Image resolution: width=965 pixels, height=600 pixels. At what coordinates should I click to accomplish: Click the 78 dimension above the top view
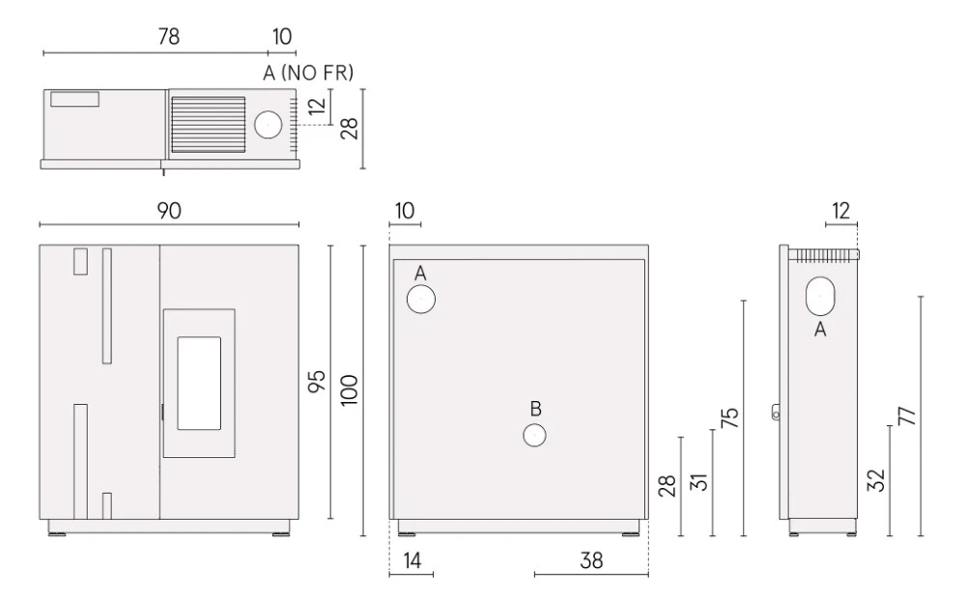coord(169,37)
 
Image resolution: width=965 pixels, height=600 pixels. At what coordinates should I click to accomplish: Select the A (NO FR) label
coord(308,73)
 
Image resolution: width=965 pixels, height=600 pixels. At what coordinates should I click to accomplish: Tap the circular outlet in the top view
coord(269,125)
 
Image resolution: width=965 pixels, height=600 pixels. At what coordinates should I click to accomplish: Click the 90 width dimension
coord(169,211)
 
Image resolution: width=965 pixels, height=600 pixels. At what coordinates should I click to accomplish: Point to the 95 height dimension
coord(316,382)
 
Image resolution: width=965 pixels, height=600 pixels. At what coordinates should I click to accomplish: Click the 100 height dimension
coord(349,389)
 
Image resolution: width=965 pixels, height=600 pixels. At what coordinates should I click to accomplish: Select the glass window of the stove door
coord(199,383)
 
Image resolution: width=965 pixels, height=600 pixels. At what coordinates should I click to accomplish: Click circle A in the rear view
coord(421,300)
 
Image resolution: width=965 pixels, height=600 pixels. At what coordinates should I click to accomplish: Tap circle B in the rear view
coord(534,435)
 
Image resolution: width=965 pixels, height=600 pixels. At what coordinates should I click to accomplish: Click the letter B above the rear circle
coord(535,409)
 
